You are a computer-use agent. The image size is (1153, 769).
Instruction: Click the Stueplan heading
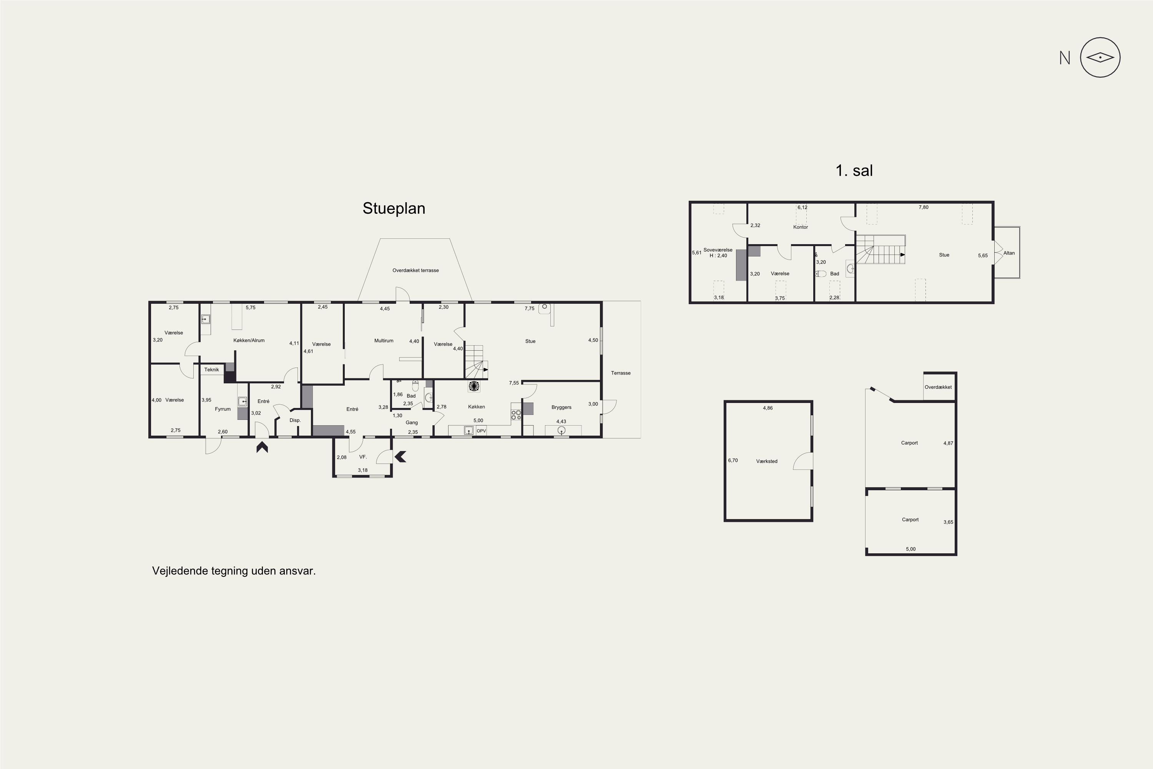394,208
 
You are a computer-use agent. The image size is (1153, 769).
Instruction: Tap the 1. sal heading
854,171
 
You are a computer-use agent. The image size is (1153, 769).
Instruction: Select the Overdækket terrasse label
415,270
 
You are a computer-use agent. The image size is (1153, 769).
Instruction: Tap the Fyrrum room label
223,409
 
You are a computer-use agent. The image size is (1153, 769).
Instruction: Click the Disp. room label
295,420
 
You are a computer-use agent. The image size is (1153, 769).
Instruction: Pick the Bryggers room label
561,407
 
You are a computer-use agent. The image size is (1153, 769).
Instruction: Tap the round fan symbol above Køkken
473,386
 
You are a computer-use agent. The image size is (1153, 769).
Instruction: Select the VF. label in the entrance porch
363,457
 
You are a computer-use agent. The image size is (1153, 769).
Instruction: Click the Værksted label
767,461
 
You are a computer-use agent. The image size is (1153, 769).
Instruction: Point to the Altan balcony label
1009,253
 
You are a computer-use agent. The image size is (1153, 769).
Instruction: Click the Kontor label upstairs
801,227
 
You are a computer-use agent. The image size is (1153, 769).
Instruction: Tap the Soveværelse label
718,250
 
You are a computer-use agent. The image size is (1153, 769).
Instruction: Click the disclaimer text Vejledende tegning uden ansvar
234,571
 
